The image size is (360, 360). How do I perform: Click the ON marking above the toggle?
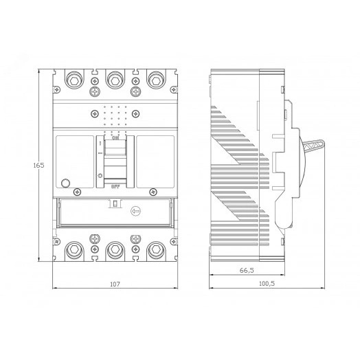[115, 137]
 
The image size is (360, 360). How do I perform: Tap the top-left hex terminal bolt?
[73, 82]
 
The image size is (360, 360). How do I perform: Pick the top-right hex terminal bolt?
[157, 82]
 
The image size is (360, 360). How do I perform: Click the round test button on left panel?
[66, 183]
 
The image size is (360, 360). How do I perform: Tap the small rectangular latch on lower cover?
[115, 204]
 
